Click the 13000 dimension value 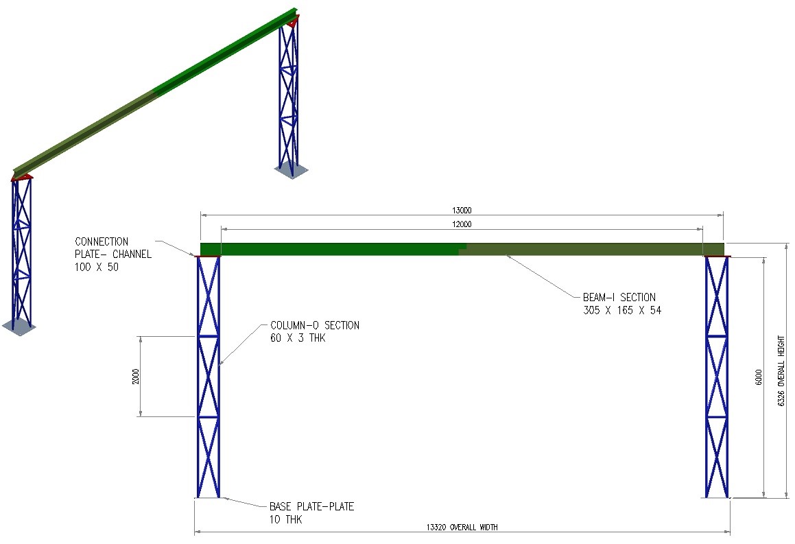coord(462,211)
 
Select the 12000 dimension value coord(462,224)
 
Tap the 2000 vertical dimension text coord(137,376)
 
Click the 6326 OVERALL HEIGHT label coord(781,371)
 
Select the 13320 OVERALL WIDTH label coord(462,527)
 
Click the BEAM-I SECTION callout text coord(619,298)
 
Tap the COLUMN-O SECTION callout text coord(314,325)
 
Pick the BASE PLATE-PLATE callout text coord(311,507)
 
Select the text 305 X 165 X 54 coord(621,311)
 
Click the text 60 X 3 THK coord(297,338)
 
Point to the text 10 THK coord(285,520)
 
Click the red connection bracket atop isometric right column coord(292,23)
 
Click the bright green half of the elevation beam coord(329,248)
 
